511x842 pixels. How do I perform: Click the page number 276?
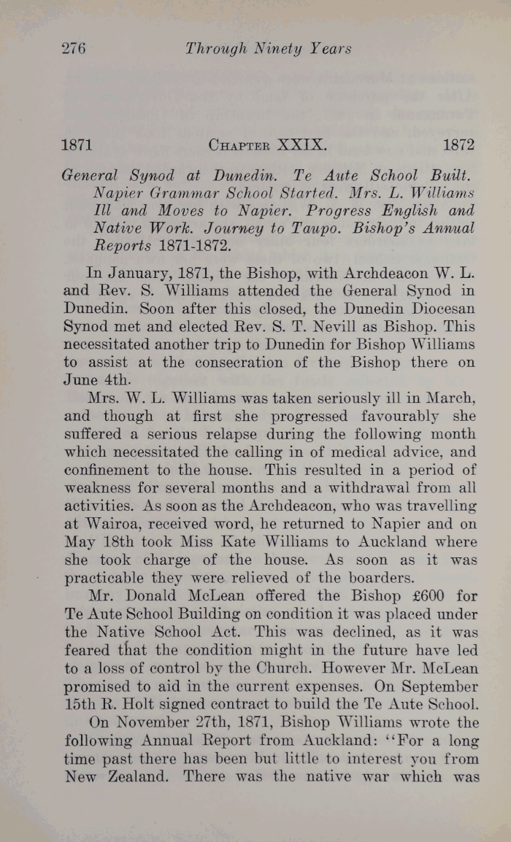coord(73,50)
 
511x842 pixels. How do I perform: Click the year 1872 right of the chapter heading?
coord(458,144)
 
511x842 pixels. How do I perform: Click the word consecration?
coord(278,361)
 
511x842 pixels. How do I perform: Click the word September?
coord(434,687)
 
